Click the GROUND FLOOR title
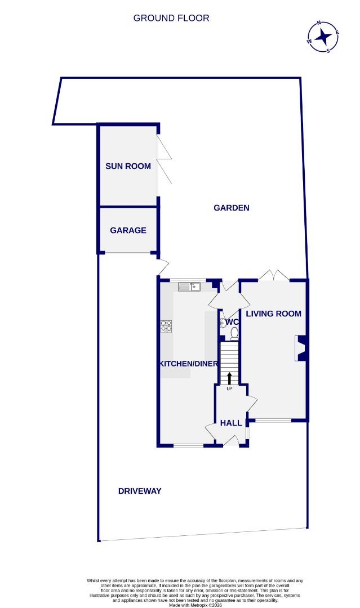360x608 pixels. point(171,18)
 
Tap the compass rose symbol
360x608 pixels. point(323,37)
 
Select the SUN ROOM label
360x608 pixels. point(128,166)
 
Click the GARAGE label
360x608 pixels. point(128,230)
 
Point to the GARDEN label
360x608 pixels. point(231,208)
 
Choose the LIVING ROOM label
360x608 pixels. point(273,314)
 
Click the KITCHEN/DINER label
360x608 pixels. point(188,364)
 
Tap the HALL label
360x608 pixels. point(230,423)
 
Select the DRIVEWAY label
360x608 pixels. point(140,491)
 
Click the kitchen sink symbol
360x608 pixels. point(190,287)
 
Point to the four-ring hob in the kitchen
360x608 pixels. point(167,327)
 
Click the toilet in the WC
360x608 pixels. point(234,333)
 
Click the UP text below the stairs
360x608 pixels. point(229,389)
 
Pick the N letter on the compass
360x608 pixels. point(319,24)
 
